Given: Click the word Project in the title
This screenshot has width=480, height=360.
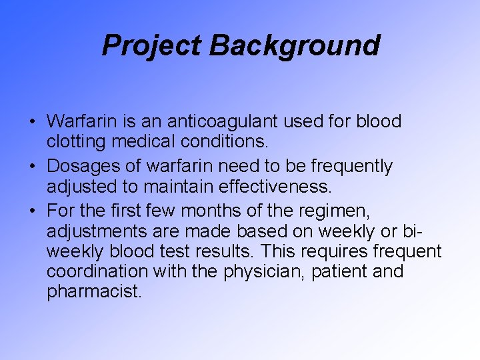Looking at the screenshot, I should pyautogui.click(x=151, y=45).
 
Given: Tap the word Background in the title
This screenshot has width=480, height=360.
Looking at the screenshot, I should pyautogui.click(x=295, y=45).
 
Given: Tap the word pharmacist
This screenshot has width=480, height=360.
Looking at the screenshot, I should pyautogui.click(x=94, y=292).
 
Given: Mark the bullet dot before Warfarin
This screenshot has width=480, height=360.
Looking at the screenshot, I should pyautogui.click(x=32, y=123).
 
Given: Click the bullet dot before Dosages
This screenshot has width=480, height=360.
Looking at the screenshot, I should pyautogui.click(x=32, y=166).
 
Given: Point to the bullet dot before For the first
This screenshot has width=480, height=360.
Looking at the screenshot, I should pyautogui.click(x=32, y=210).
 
